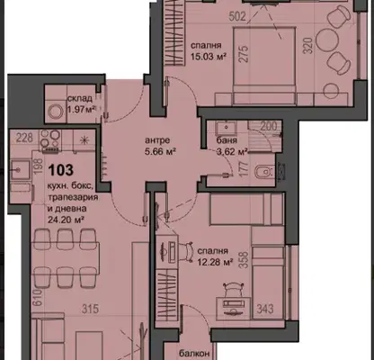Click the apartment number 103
click(x=61, y=170)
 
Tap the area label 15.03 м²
click(x=209, y=57)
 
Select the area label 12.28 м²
click(x=215, y=263)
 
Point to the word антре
click(x=157, y=140)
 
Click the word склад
click(x=80, y=98)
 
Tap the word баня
click(x=227, y=140)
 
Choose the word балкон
click(x=194, y=354)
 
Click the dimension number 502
click(x=237, y=16)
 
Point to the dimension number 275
click(x=245, y=54)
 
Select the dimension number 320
click(x=307, y=46)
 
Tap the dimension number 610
click(x=37, y=298)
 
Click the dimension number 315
click(x=90, y=309)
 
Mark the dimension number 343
click(x=265, y=309)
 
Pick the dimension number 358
click(x=245, y=260)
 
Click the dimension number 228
click(x=24, y=138)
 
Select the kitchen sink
click(x=20, y=170)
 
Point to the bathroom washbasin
click(x=226, y=128)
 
